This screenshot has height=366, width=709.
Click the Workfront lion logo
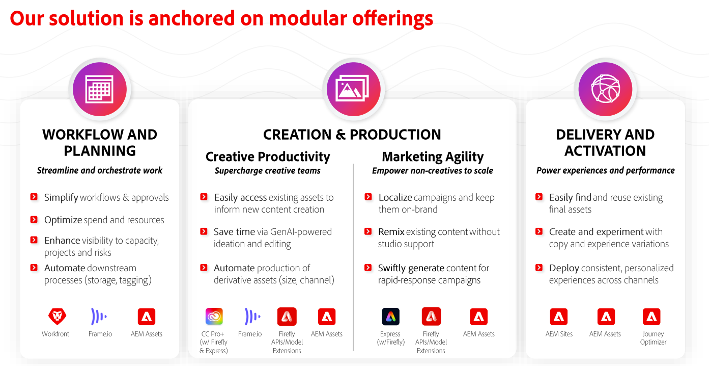(x=58, y=316)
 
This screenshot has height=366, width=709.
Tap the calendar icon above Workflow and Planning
(x=99, y=89)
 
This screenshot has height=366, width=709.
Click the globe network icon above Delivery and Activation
(x=606, y=89)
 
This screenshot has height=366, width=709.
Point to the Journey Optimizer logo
(x=651, y=317)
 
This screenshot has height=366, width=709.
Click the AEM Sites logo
(x=559, y=317)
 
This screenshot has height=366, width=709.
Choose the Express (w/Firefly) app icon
(x=390, y=317)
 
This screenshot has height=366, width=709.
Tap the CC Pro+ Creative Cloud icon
(x=214, y=316)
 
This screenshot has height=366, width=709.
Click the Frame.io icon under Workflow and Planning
(x=99, y=316)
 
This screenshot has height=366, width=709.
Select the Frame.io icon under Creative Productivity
(x=252, y=316)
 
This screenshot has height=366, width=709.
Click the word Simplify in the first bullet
(x=61, y=198)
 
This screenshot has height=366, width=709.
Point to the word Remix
(x=391, y=232)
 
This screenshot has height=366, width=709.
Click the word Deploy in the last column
(x=564, y=269)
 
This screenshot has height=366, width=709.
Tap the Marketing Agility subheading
(x=433, y=157)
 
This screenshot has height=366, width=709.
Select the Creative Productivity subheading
(x=268, y=157)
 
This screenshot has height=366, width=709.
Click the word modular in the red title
(x=308, y=18)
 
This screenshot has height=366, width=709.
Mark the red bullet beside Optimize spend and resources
(x=34, y=220)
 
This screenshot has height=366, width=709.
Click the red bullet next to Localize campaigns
(x=368, y=197)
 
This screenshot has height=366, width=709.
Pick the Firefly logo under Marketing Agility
(x=431, y=316)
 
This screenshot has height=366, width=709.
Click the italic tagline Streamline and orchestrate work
(x=99, y=170)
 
